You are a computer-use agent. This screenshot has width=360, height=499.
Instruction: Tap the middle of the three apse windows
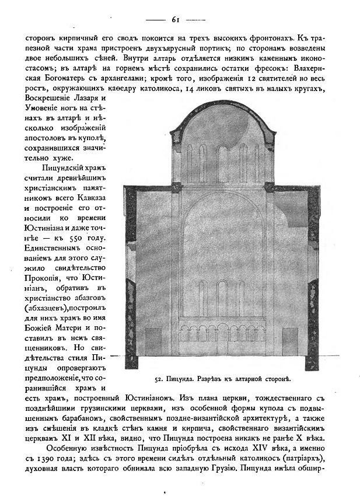(222, 298)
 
